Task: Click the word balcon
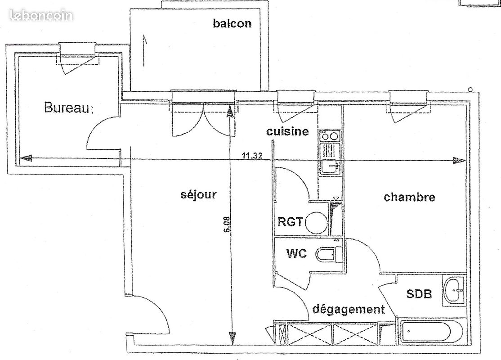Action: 233,23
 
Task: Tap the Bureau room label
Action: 67,108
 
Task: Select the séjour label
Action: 198,194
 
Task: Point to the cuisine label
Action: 287,131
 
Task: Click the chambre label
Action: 409,197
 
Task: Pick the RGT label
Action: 290,221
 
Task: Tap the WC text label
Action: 296,253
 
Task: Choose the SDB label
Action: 419,293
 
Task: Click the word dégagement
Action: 349,310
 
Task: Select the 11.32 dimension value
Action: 252,156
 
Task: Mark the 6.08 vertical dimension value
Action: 227,225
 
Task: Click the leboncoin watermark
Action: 41,15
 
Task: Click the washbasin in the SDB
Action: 454,290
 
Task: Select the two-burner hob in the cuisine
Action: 329,135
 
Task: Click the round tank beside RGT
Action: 316,222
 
